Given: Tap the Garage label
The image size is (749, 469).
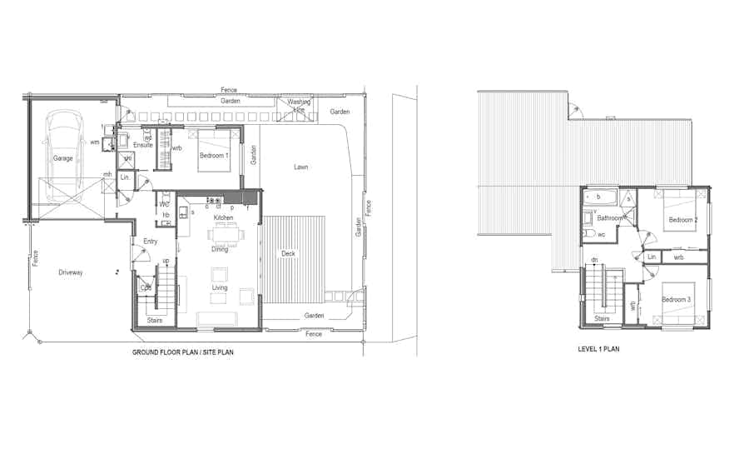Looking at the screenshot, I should pyautogui.click(x=63, y=158).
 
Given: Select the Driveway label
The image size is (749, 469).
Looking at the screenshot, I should pyautogui.click(x=71, y=272).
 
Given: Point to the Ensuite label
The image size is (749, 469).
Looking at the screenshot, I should pyautogui.click(x=143, y=145).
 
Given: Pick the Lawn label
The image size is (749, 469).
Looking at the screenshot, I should pyautogui.click(x=300, y=167).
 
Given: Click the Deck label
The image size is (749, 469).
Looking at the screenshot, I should pyautogui.click(x=288, y=253).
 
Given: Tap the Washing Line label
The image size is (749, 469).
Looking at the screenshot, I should pyautogui.click(x=299, y=106).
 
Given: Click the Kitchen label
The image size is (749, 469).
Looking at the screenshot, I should pyautogui.click(x=223, y=217).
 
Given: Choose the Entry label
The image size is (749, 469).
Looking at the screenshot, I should pyautogui.click(x=151, y=242).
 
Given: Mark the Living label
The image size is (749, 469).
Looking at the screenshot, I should pyautogui.click(x=220, y=288).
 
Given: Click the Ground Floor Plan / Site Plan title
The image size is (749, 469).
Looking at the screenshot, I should pyautogui.click(x=183, y=352).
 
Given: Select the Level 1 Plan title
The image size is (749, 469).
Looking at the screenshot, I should pyautogui.click(x=598, y=349).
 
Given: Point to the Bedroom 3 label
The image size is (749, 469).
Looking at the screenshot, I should pyautogui.click(x=676, y=299).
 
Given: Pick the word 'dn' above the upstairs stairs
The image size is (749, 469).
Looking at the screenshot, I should pyautogui.click(x=594, y=261).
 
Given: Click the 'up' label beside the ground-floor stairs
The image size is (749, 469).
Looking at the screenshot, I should pyautogui.click(x=166, y=261).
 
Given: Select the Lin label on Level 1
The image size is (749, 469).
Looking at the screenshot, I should pyautogui.click(x=652, y=257).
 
